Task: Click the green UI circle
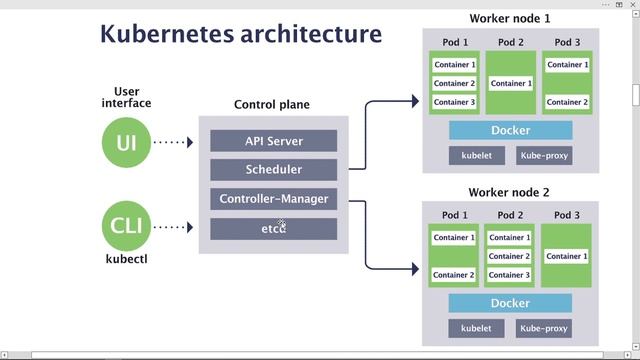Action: [x=126, y=142]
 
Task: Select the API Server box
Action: [x=273, y=141]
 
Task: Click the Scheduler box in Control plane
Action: [x=273, y=170]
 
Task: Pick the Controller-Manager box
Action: [x=273, y=199]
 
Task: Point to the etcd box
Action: [x=273, y=228]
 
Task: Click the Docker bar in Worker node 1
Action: [x=510, y=130]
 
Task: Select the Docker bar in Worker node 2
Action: [x=510, y=303]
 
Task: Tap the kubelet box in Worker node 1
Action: [x=476, y=156]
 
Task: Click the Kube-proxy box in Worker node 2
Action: [x=544, y=328]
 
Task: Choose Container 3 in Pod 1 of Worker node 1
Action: [x=454, y=102]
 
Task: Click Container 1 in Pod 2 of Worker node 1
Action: [x=510, y=83]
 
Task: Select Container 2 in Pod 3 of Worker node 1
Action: [x=567, y=102]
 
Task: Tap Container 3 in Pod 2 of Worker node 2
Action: [x=510, y=275]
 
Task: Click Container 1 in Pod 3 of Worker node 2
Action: [x=567, y=256]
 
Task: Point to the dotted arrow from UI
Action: [x=174, y=142]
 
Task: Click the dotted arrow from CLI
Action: [x=174, y=227]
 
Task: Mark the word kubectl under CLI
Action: [x=126, y=259]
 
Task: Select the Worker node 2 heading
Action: [x=509, y=192]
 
